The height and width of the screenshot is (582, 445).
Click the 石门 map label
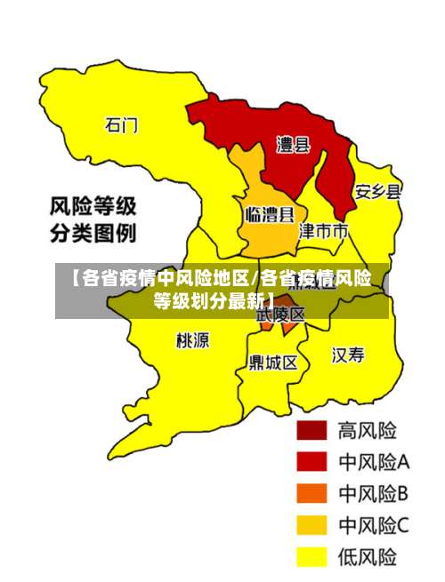click(x=122, y=125)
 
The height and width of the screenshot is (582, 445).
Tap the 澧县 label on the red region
click(x=294, y=145)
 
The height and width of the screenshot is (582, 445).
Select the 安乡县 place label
click(x=378, y=191)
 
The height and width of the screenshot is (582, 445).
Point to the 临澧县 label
click(x=269, y=214)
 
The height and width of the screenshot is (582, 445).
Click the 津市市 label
click(x=322, y=232)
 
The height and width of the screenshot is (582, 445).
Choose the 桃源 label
click(x=193, y=339)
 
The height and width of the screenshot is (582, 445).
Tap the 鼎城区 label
click(x=273, y=363)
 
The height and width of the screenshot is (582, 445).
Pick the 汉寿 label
click(x=348, y=355)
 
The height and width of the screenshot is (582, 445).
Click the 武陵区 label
click(x=281, y=315)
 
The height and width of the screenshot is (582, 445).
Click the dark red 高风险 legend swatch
click(x=311, y=431)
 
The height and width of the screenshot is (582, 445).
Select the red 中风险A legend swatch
click(x=311, y=462)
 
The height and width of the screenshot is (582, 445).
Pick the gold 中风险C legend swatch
click(x=311, y=525)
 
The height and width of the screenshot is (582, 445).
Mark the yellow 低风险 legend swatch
click(x=311, y=556)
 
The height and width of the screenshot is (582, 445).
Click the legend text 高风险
click(x=367, y=431)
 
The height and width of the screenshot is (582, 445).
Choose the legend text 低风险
click(x=367, y=556)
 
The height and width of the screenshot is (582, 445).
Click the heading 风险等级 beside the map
click(x=92, y=209)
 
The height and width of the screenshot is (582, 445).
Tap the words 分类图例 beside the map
click(x=92, y=235)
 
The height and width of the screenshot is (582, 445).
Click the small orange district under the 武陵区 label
click(x=279, y=328)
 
